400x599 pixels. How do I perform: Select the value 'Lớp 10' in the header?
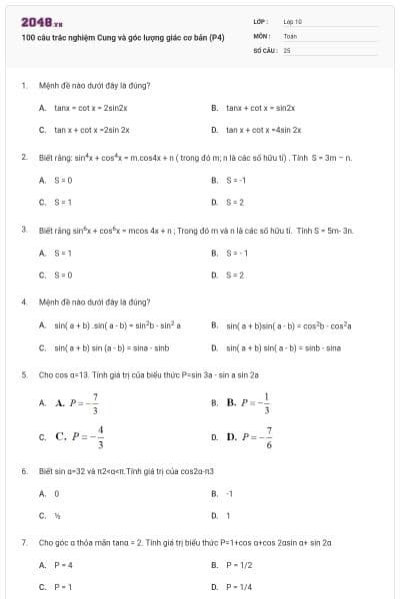293,20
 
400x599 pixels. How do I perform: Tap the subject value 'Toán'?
291,35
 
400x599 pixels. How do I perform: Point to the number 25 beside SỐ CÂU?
287,49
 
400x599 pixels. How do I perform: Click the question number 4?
23,300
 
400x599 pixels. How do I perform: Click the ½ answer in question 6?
57,515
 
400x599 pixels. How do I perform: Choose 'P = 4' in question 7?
63,564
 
